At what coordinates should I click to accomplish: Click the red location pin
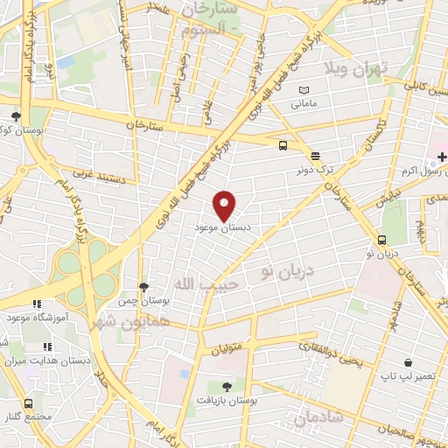point(225,205)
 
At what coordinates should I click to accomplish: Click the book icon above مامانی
point(304,91)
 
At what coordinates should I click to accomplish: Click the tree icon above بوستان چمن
point(144,286)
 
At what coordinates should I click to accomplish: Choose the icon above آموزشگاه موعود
point(36,304)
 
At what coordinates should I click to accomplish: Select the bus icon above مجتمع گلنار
point(28,403)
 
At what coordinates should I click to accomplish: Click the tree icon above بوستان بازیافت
point(227,386)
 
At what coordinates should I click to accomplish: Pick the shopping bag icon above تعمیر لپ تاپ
point(408,362)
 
